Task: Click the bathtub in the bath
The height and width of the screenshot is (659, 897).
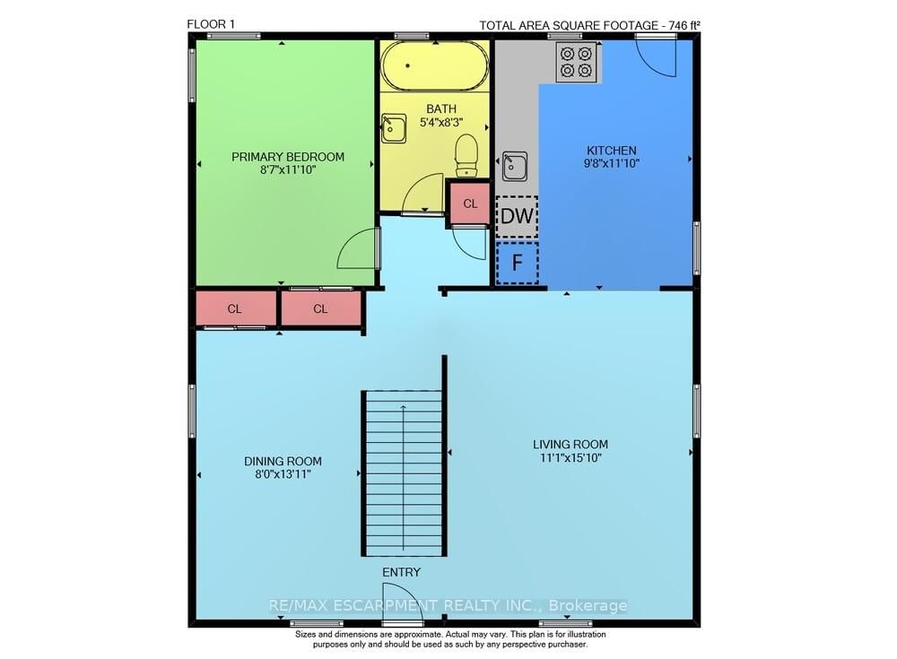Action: point(434,65)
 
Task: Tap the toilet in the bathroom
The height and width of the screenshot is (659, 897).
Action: point(466,155)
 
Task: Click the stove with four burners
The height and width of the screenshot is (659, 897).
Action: point(577,61)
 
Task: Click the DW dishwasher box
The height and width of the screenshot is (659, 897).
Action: point(517,216)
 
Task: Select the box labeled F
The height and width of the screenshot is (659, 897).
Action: point(517,263)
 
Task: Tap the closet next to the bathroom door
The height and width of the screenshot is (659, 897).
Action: point(470,203)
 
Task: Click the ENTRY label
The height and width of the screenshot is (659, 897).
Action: point(401,572)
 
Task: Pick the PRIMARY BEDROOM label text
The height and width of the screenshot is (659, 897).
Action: point(288,157)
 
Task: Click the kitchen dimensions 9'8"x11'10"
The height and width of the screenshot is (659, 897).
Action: point(611,164)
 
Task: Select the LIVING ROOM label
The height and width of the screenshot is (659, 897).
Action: point(570,444)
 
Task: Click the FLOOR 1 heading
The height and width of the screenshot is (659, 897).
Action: point(211,24)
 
